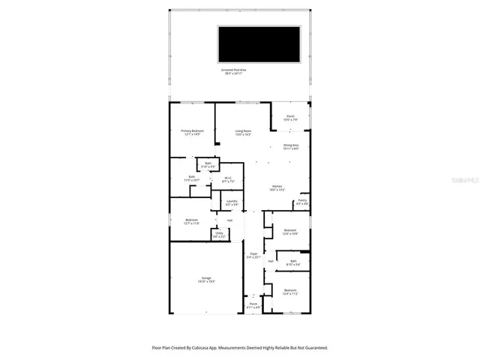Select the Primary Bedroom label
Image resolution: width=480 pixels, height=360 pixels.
pos(192,132)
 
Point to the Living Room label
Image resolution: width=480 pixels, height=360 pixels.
pos(242,132)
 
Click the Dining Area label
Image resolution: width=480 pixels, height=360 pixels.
pos(291,146)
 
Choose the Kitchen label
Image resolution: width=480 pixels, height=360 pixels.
pos(277,187)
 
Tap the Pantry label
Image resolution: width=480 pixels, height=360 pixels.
pos(302,202)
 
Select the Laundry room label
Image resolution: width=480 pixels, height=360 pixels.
pos(232,202)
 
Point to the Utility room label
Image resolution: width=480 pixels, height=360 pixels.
pos(219,234)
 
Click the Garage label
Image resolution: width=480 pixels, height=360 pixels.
pos(206,280)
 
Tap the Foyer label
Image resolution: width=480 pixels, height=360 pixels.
pos(253,255)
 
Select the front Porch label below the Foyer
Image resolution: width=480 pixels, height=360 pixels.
pos(253,305)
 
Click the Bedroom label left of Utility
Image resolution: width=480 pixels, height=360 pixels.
pos(191,221)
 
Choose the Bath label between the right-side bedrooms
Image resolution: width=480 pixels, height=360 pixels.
pos(293,262)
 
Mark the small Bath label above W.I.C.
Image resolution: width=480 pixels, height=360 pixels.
pos(208,164)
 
